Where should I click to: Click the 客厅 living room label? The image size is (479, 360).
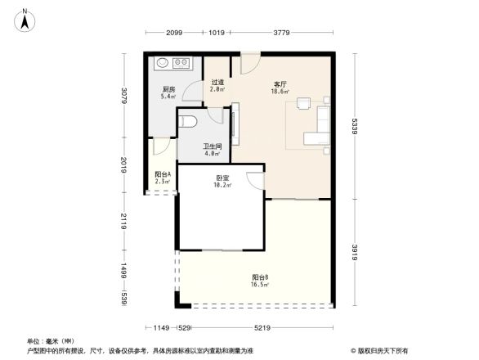pyautogui.click(x=280, y=84)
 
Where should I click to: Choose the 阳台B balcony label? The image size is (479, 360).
pyautogui.click(x=260, y=277)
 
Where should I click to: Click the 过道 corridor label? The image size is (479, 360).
pyautogui.click(x=217, y=82)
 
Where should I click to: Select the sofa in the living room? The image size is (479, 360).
pyautogui.click(x=317, y=124)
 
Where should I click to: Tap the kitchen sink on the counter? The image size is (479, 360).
pyautogui.click(x=161, y=62)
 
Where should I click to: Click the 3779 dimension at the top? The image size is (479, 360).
pyautogui.click(x=283, y=33)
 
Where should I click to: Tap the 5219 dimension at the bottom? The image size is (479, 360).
pyautogui.click(x=262, y=328)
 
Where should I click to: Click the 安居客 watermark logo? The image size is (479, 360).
pyautogui.click(x=379, y=349)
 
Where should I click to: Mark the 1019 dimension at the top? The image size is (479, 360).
pyautogui.click(x=217, y=33)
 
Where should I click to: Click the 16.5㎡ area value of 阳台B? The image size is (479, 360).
pyautogui.click(x=260, y=285)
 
